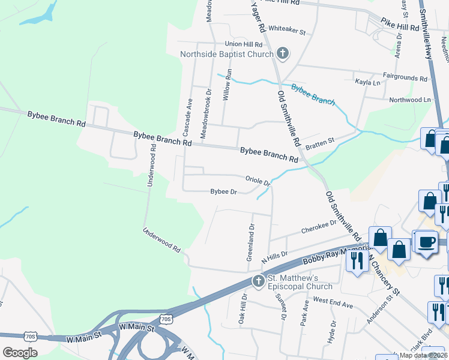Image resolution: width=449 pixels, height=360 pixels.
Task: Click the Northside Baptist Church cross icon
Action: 283,54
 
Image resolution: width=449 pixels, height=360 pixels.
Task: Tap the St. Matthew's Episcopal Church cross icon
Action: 259,280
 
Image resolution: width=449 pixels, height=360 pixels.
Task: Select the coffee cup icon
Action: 427,242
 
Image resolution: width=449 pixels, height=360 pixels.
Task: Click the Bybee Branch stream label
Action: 313,94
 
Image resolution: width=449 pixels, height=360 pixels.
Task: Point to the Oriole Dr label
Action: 259,180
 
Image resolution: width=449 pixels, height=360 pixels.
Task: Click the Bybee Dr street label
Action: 224,192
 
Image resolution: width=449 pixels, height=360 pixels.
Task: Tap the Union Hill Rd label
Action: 244,44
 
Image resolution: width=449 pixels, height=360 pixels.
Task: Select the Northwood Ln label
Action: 410,100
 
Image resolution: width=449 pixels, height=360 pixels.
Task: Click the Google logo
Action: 20,352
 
